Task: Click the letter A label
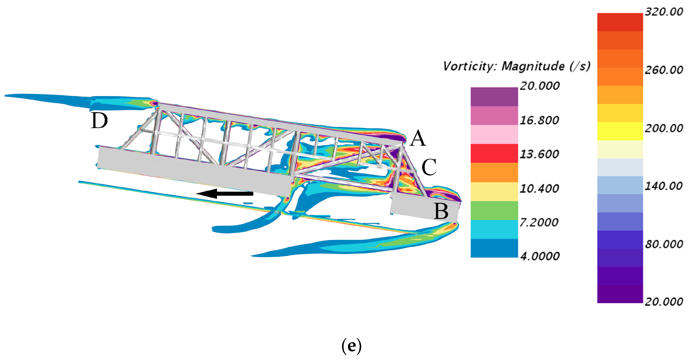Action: pyautogui.click(x=418, y=138)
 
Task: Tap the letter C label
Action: pyautogui.click(x=429, y=167)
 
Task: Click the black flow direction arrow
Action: pyautogui.click(x=225, y=193)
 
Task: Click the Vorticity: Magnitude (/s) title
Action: pyautogui.click(x=516, y=66)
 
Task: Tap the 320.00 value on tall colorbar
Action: pyautogui.click(x=664, y=12)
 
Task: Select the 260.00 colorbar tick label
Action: pyautogui.click(x=664, y=70)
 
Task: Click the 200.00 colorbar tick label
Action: pyautogui.click(x=664, y=128)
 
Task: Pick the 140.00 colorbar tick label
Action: pyautogui.click(x=663, y=186)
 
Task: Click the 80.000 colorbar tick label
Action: pyautogui.click(x=664, y=244)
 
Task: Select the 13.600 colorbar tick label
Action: pyautogui.click(x=539, y=154)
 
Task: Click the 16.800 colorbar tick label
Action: pyautogui.click(x=539, y=120)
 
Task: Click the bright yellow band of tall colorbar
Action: pyautogui.click(x=620, y=131)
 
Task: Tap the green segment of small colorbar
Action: pyautogui.click(x=494, y=211)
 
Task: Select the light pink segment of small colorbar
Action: pyautogui.click(x=494, y=134)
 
